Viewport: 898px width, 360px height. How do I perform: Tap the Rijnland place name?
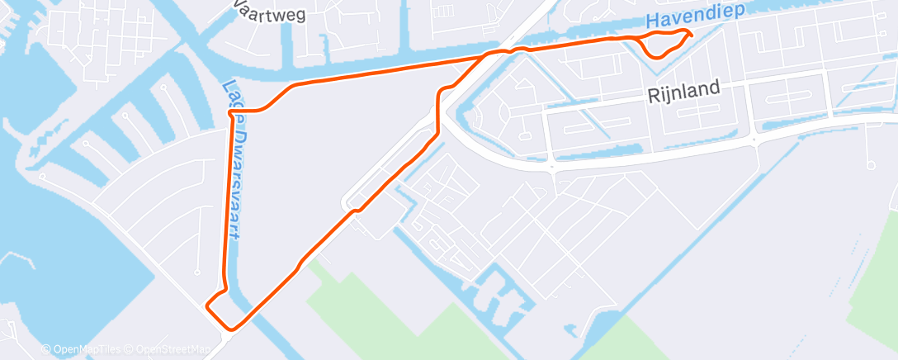point(683,88)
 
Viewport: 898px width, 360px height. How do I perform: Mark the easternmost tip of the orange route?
point(691,34)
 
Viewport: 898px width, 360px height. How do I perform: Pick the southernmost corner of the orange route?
point(232,329)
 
